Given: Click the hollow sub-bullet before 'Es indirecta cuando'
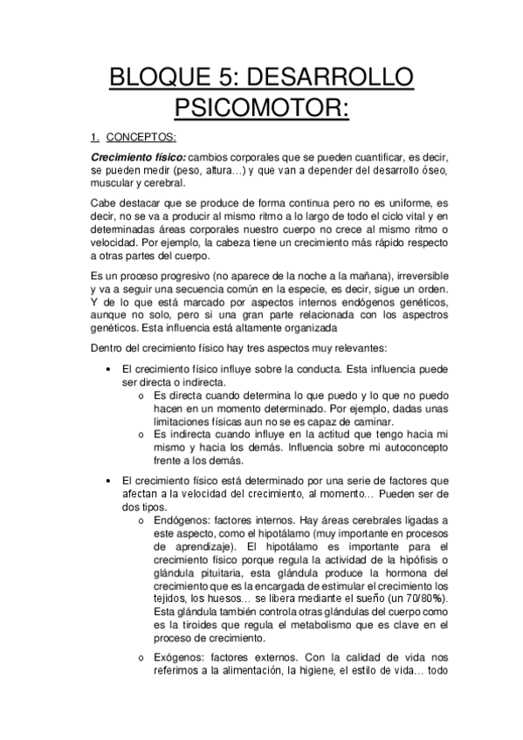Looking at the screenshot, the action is (141, 432).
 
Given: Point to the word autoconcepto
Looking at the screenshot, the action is (411, 447).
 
